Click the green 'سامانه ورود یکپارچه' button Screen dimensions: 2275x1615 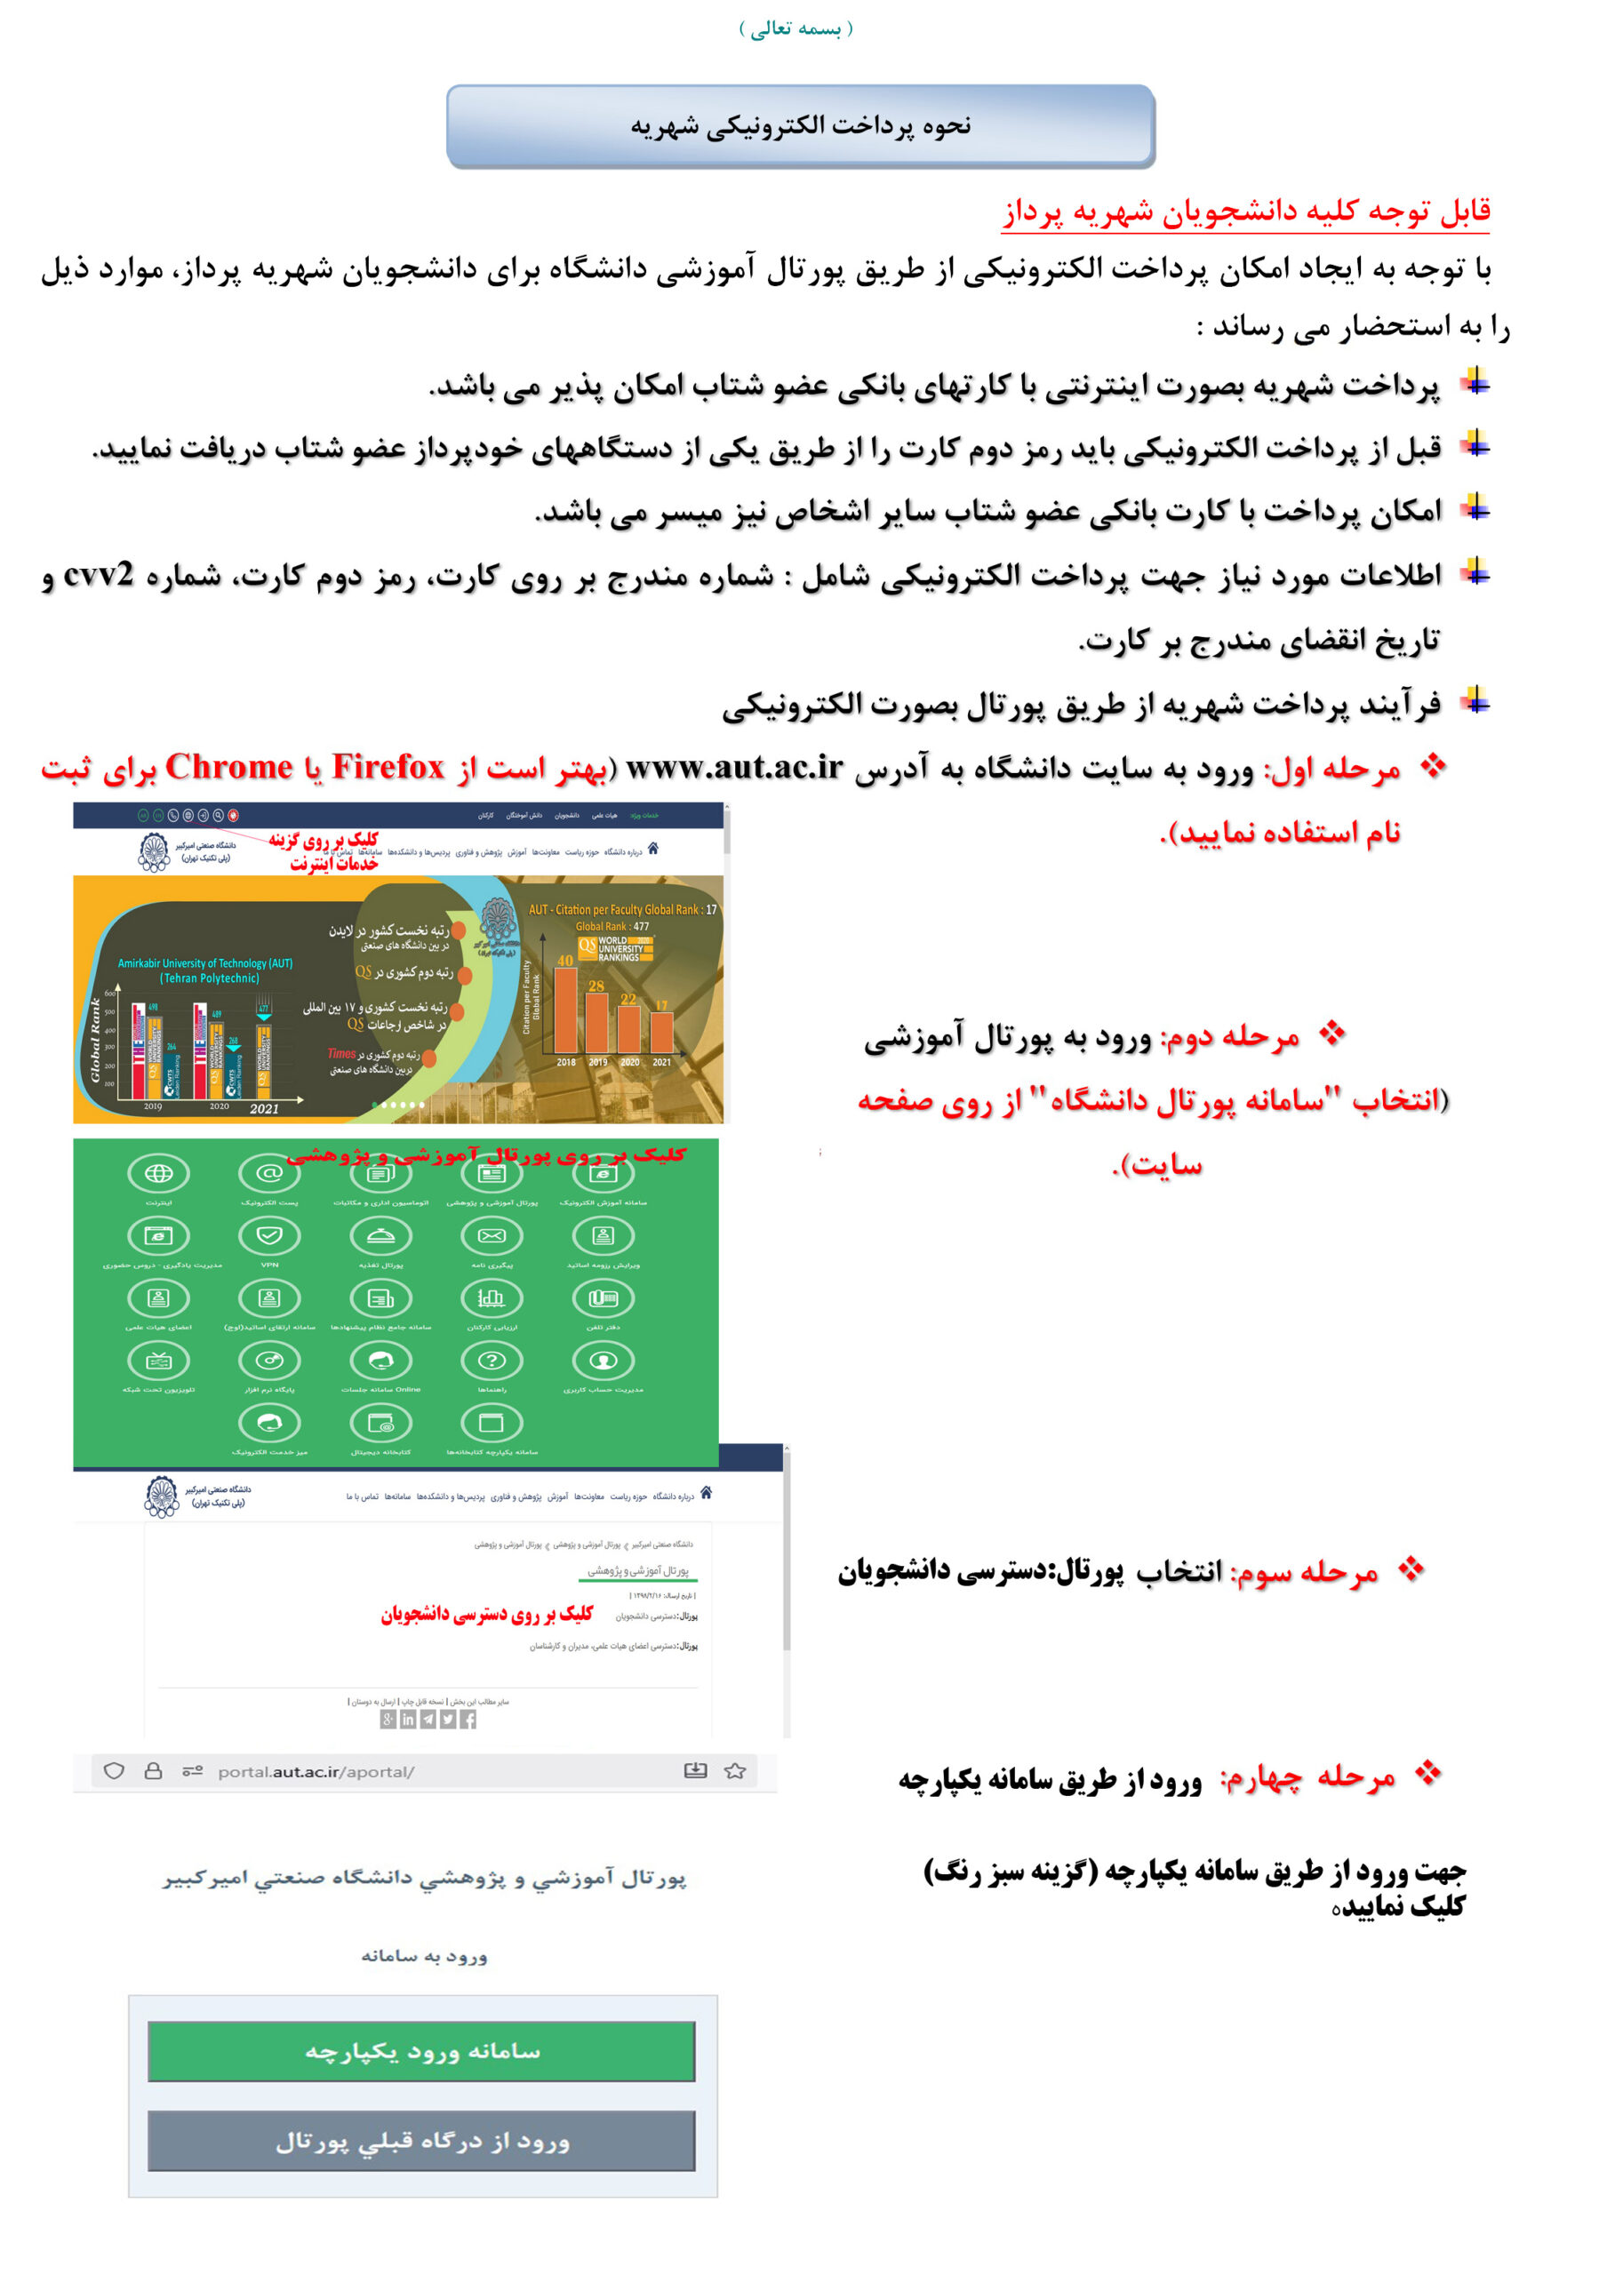coord(420,2050)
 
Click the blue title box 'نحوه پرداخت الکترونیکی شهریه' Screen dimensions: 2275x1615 coord(800,126)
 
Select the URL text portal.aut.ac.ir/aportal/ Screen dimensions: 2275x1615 coord(316,1771)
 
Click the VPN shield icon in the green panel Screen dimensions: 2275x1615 coord(269,1235)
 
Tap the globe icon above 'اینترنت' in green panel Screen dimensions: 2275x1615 coord(158,1173)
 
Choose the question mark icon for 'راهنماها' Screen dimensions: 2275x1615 coord(492,1360)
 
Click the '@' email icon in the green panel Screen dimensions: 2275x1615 coord(269,1173)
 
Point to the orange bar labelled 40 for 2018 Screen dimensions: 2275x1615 coord(566,1010)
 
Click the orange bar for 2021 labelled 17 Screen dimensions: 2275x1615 coord(661,1031)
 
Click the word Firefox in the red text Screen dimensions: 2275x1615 coord(388,768)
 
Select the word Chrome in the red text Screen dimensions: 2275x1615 coord(228,768)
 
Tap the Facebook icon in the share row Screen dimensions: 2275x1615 coord(468,1720)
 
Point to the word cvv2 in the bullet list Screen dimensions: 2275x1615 coord(99,575)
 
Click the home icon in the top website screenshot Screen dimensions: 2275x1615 coord(652,848)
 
